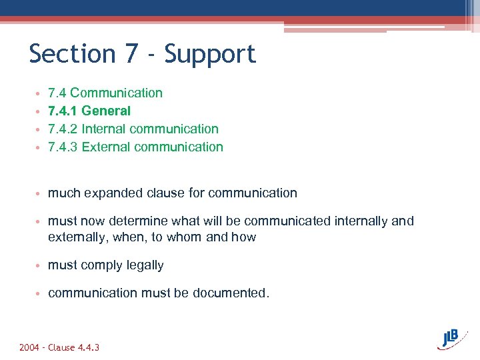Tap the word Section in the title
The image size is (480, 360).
(72, 53)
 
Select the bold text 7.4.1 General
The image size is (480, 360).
(89, 111)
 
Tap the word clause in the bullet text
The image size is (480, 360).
(169, 193)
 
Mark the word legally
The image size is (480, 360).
(143, 265)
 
